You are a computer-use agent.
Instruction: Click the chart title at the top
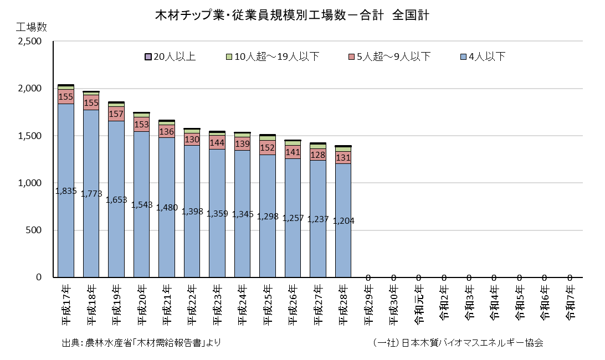click(292, 15)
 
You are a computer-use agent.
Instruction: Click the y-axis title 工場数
click(31, 27)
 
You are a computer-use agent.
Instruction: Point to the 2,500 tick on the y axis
click(30, 42)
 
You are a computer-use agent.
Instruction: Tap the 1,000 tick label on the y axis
click(30, 183)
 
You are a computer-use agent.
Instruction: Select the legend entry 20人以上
click(170, 56)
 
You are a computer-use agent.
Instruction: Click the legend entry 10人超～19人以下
click(273, 56)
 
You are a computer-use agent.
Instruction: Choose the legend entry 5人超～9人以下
click(389, 56)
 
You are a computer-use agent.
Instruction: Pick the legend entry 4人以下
click(483, 56)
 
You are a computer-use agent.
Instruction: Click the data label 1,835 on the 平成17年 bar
click(66, 191)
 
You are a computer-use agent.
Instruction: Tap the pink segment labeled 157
click(116, 114)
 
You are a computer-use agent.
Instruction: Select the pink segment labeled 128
click(318, 155)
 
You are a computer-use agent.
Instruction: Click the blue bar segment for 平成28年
click(343, 220)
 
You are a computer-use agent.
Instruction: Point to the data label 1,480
click(167, 208)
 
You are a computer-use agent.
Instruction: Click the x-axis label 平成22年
click(192, 305)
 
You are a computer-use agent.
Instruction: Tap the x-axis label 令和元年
click(419, 305)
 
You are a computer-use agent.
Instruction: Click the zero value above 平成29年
click(368, 277)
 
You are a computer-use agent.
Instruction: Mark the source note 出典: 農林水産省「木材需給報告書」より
click(141, 343)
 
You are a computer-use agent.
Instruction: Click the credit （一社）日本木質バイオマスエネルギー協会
click(458, 343)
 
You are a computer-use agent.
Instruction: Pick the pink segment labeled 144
click(217, 142)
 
